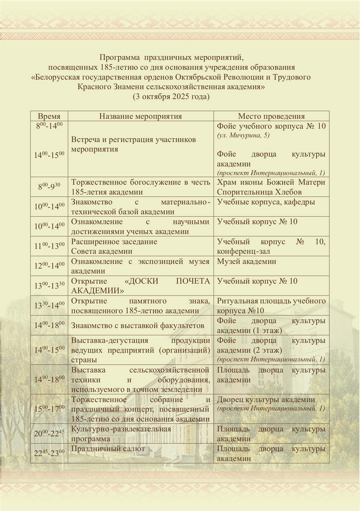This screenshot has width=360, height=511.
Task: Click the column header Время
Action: pyautogui.click(x=49, y=116)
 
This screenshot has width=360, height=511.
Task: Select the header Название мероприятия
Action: pyautogui.click(x=140, y=116)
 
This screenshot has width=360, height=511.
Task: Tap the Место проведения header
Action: pyautogui.click(x=271, y=116)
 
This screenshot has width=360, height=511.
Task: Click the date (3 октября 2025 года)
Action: pyautogui.click(x=172, y=96)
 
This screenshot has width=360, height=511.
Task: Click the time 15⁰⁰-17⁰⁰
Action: pyautogui.click(x=49, y=409)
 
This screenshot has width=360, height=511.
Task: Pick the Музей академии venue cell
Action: pyautogui.click(x=247, y=261)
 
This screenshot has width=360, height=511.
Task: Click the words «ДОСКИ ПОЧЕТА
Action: pyautogui.click(x=167, y=281)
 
